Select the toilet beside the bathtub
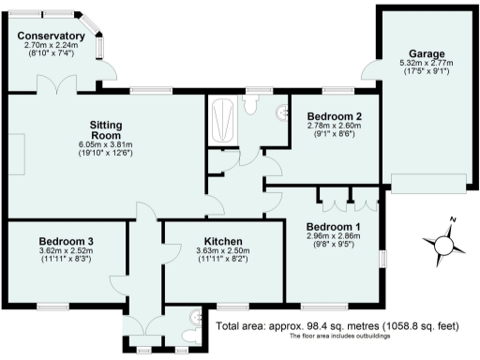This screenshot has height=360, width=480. pyautogui.click(x=250, y=104)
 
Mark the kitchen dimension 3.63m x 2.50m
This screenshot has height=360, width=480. pyautogui.click(x=220, y=252)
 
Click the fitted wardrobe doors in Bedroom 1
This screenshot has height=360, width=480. pyautogui.click(x=341, y=199)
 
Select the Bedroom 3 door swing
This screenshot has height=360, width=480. pyautogui.click(x=118, y=283)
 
